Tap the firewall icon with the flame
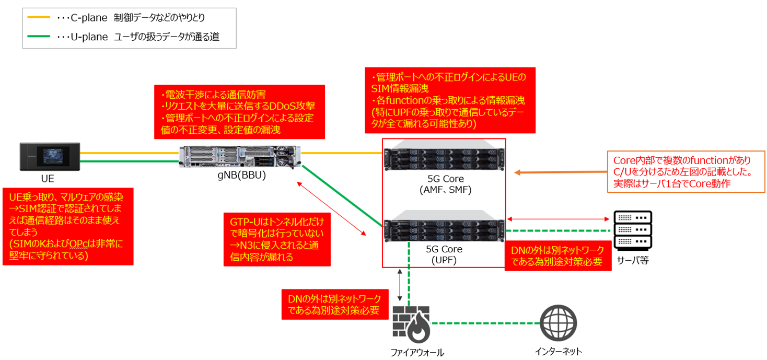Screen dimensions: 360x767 click(x=411, y=322)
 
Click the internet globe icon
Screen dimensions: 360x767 click(x=558, y=322)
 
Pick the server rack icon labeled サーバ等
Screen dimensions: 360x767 click(x=632, y=230)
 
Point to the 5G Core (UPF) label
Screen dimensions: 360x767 click(x=444, y=254)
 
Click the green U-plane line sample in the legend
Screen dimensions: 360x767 click(x=39, y=37)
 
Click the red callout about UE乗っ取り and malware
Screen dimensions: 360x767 click(x=67, y=226)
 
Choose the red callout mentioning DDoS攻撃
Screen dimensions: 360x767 click(x=239, y=112)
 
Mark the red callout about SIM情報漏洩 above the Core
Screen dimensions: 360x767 click(x=450, y=100)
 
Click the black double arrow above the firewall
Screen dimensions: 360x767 click(x=400, y=285)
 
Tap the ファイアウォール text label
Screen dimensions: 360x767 click(x=417, y=353)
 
